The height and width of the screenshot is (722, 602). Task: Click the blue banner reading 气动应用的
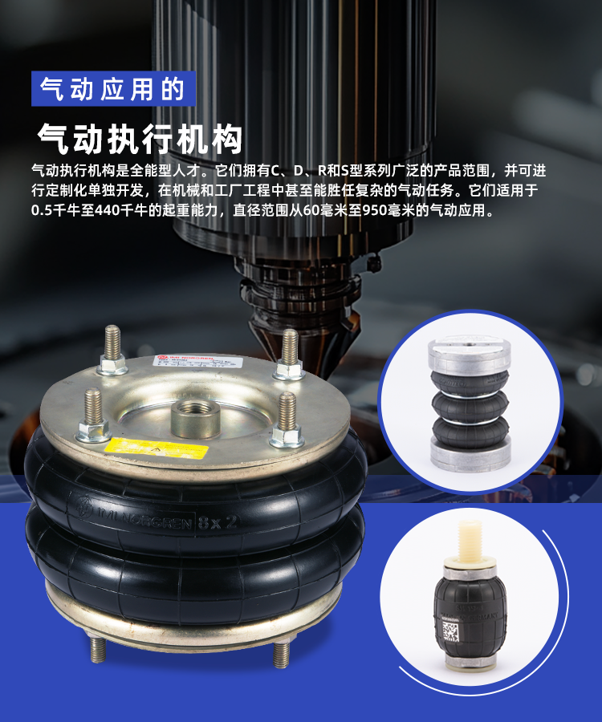click(113, 88)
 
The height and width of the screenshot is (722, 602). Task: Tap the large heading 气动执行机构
click(140, 139)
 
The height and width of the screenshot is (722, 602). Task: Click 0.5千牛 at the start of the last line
click(53, 212)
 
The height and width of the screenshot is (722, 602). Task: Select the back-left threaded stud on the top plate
click(112, 350)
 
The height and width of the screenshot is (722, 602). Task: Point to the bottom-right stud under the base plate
click(281, 654)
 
